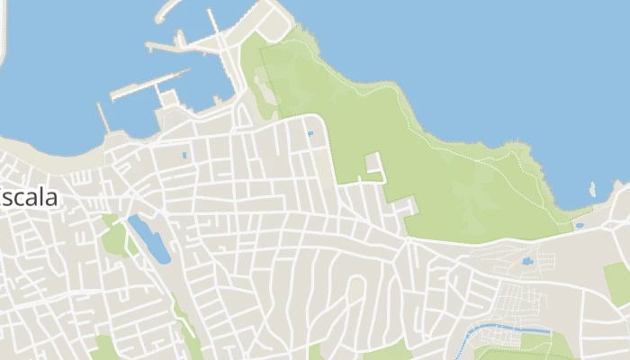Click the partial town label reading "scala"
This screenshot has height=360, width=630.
31,197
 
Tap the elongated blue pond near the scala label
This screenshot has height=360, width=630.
149,238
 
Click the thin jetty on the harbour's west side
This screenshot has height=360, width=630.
103,118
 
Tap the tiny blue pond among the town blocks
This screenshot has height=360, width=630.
184,155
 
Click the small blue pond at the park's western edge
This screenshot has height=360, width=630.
310,134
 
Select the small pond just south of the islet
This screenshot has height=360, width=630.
580,225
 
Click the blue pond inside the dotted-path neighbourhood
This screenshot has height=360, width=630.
526,263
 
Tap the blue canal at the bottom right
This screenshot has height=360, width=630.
504,328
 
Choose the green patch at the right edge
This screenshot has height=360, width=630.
617,282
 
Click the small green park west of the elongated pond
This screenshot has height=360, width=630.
114,238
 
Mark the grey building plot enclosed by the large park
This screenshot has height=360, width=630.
373,164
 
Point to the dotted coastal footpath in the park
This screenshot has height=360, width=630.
468,162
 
